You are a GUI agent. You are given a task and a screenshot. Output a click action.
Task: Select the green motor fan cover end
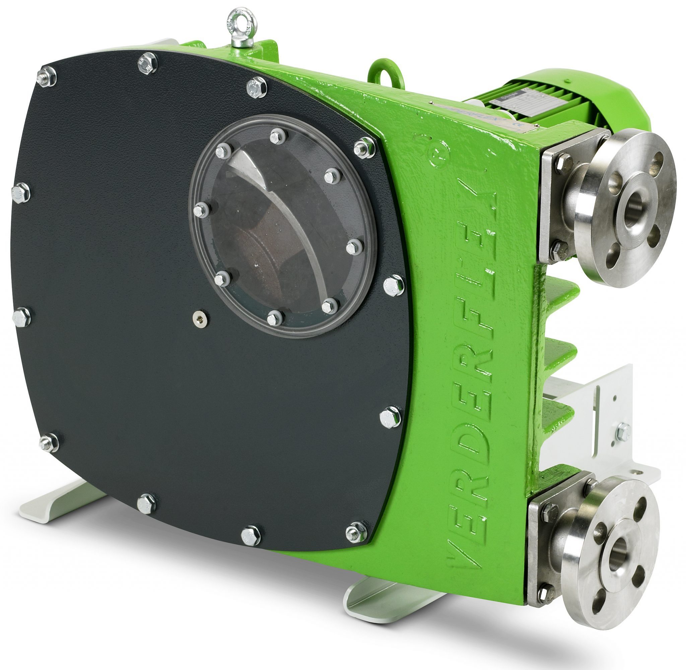(x=616, y=95)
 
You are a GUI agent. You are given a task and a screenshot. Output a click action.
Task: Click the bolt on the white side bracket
(x=623, y=432)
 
